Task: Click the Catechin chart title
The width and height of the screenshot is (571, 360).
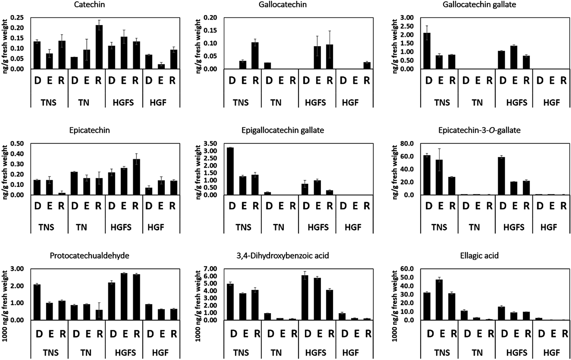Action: [89, 5]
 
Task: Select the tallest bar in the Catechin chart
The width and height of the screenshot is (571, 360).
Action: [99, 47]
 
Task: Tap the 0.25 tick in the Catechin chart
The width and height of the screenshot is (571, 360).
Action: [17, 18]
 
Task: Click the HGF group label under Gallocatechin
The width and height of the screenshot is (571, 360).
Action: [350, 102]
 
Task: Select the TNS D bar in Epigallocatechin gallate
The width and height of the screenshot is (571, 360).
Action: [230, 171]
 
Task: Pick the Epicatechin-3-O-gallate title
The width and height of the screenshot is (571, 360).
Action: [479, 130]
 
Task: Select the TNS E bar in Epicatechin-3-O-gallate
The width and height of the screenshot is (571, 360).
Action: [439, 178]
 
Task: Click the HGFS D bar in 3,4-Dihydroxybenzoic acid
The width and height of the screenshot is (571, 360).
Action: [305, 298]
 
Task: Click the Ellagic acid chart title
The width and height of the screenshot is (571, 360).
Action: [479, 256]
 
